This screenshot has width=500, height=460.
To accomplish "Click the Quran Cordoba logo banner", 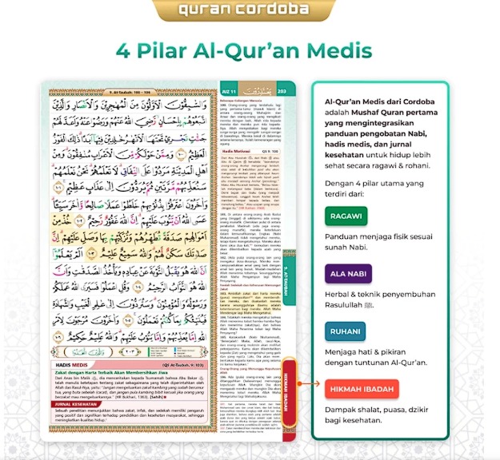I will (x=250, y=10).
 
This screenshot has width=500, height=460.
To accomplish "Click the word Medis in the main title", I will (x=338, y=50).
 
